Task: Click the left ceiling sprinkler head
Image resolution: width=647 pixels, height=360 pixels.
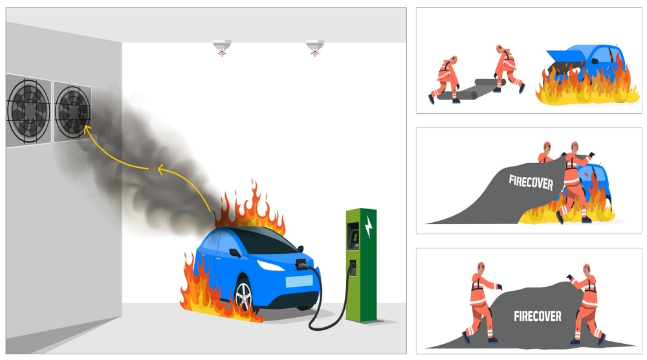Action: click(x=221, y=47)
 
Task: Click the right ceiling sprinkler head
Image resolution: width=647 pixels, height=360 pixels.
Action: click(x=314, y=47)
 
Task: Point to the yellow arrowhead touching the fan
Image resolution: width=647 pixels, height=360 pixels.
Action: click(x=87, y=129)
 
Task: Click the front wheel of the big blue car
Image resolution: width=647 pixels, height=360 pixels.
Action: click(x=244, y=296)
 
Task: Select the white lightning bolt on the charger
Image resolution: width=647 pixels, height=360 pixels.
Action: click(x=369, y=227)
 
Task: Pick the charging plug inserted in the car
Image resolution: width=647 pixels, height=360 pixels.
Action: click(x=302, y=263)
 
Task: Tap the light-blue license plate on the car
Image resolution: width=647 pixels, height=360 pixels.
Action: click(x=299, y=282)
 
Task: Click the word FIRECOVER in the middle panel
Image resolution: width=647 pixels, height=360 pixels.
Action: click(x=531, y=182)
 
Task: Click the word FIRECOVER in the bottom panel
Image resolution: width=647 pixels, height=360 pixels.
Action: click(x=537, y=316)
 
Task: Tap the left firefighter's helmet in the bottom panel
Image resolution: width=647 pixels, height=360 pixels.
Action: click(x=481, y=265)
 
